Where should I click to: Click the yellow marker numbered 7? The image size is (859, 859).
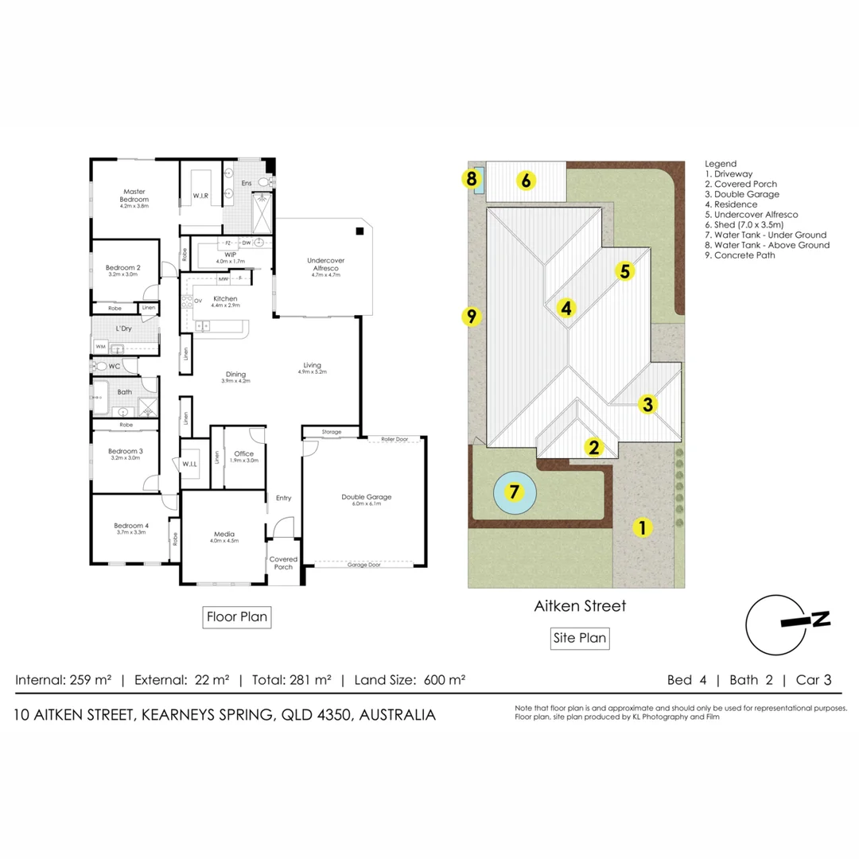coord(515,492)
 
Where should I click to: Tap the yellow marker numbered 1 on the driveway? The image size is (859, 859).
coord(641,526)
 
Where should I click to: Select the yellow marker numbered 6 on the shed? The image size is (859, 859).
coord(526,181)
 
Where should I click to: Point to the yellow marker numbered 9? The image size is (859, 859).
coord(471,317)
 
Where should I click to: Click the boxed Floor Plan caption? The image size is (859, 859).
coord(236,616)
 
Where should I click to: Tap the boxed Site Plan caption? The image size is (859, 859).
coord(580,637)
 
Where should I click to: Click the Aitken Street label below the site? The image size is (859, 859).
coord(580,606)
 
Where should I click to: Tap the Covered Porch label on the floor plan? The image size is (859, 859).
coord(283,562)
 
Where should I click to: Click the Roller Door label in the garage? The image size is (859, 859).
coord(395,438)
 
